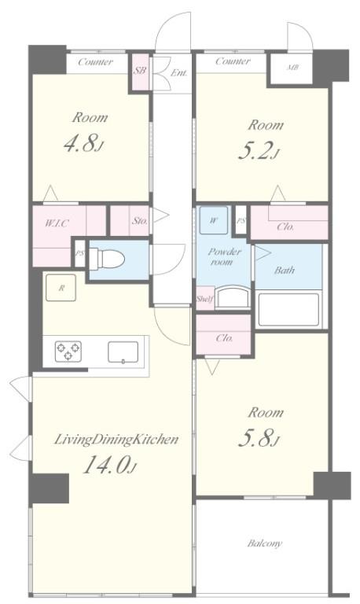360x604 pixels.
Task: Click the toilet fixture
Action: pos(107,259)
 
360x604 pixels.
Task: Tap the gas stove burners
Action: pos(68,351)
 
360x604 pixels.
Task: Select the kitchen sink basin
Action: pos(123,352)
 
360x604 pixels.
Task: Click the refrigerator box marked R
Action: pos(61,287)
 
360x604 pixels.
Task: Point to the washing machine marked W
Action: pos(214,220)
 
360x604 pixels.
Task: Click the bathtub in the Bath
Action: pos(288,309)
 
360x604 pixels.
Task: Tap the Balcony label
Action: pos(265,543)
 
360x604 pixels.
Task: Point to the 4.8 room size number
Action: pos(83,144)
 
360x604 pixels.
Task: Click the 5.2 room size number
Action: pos(259,150)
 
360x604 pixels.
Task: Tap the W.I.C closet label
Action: pos(57,223)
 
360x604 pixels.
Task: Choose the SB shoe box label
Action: pos(140,71)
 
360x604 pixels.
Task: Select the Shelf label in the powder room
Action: pos(205,299)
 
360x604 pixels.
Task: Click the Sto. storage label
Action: pos(140,221)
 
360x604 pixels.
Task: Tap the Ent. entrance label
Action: pos(178,72)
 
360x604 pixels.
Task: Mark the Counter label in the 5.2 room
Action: pos(233,61)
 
